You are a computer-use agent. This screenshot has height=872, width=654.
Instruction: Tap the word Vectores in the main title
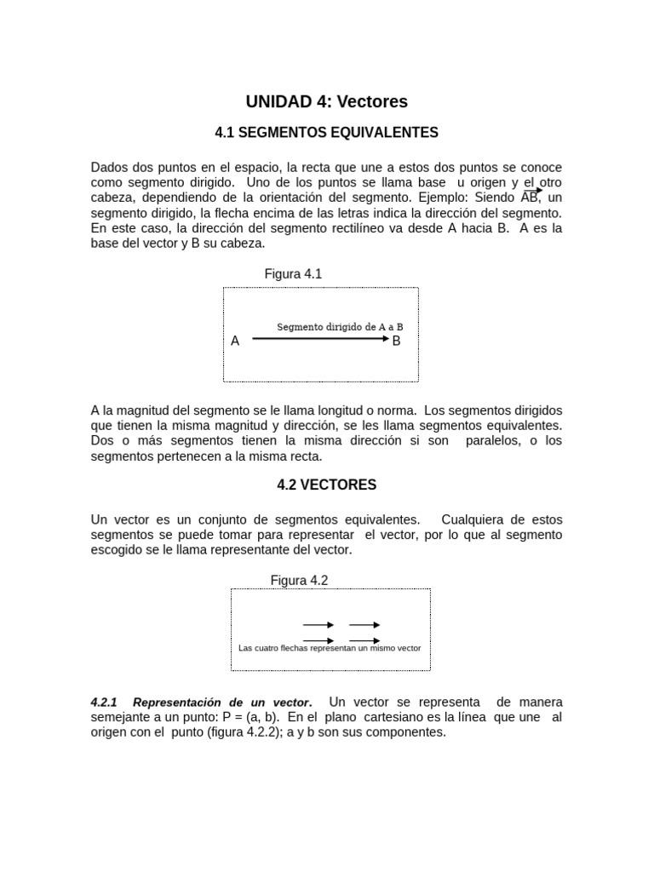tap(372, 102)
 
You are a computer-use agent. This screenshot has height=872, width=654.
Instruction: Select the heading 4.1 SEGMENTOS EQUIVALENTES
tap(327, 133)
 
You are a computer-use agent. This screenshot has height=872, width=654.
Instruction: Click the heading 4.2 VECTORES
tap(327, 485)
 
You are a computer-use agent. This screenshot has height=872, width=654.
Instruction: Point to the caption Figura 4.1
tap(293, 274)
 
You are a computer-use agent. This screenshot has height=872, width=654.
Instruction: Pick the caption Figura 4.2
tap(299, 581)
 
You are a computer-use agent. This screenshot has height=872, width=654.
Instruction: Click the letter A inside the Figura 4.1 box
tap(235, 341)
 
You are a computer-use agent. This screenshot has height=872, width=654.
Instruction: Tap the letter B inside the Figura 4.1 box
tap(396, 341)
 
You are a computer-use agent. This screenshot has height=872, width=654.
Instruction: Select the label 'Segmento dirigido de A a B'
tap(340, 327)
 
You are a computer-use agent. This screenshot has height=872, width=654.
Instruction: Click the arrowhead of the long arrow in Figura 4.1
tap(385, 339)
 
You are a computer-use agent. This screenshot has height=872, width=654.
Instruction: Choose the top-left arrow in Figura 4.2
tap(318, 625)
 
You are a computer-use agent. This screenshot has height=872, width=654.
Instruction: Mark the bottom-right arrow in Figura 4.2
tap(364, 640)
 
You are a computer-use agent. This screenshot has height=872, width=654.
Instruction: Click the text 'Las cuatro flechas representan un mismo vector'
tap(330, 649)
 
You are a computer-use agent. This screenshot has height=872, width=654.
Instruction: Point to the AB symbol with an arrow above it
tap(530, 198)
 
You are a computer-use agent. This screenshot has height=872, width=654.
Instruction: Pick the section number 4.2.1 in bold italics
tap(105, 703)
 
